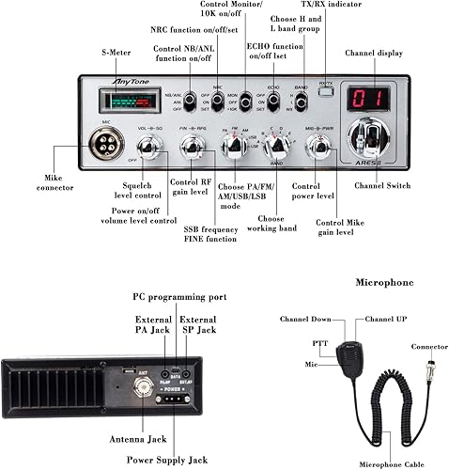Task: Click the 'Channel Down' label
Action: click(x=305, y=320)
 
